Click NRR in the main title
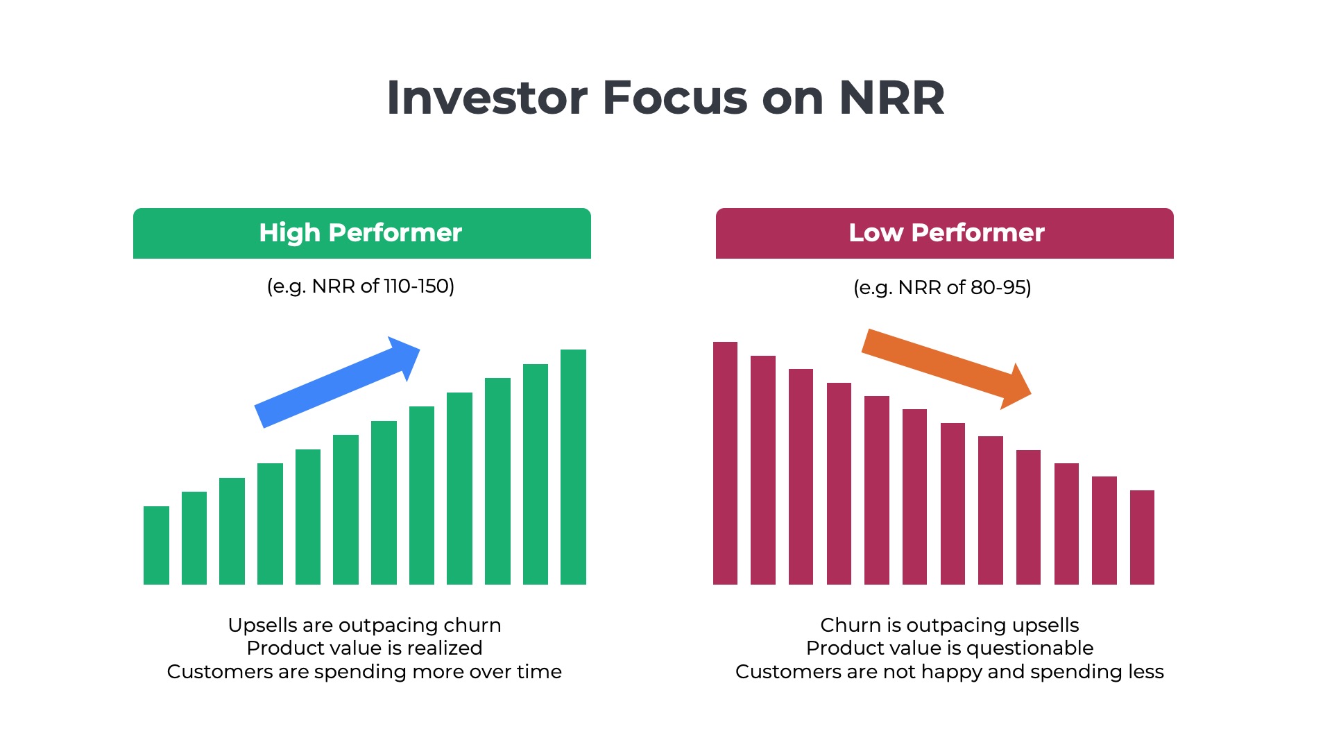pyautogui.click(x=891, y=98)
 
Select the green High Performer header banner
pyautogui.click(x=361, y=233)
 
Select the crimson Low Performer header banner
pyautogui.click(x=944, y=233)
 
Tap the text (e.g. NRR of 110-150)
pyautogui.click(x=361, y=286)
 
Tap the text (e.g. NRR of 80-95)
pyautogui.click(x=942, y=287)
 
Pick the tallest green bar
pyautogui.click(x=573, y=466)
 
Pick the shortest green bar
pyautogui.click(x=156, y=545)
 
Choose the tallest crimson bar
pyautogui.click(x=725, y=463)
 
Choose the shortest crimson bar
pyautogui.click(x=1142, y=537)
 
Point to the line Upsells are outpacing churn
pyautogui.click(x=364, y=625)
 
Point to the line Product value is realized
pyautogui.click(x=364, y=648)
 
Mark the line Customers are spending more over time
pyautogui.click(x=364, y=671)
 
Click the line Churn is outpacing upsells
pyautogui.click(x=949, y=625)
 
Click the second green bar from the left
pyautogui.click(x=194, y=537)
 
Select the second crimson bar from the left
pyautogui.click(x=762, y=470)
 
